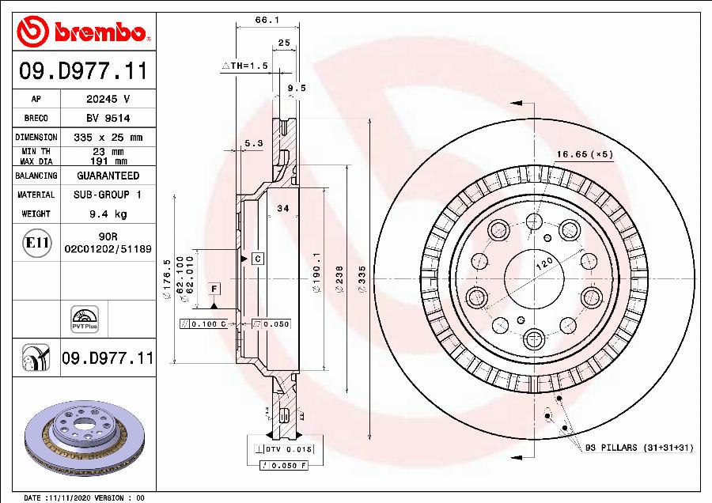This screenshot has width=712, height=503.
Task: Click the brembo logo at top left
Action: (x=83, y=32)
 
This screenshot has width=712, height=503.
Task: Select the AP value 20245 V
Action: (x=108, y=99)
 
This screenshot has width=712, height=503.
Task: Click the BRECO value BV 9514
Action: (x=108, y=118)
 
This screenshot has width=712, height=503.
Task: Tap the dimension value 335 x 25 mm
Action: (x=108, y=137)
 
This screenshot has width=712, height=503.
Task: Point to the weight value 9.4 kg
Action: (x=108, y=214)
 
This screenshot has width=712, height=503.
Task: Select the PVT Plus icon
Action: (x=84, y=317)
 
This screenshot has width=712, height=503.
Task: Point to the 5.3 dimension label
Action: (x=253, y=143)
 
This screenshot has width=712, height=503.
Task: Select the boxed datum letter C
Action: (x=258, y=259)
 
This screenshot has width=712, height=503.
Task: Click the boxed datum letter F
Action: (x=214, y=287)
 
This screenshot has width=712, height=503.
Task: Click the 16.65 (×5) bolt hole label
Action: (x=585, y=154)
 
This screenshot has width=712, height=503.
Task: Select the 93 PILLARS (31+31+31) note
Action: (x=638, y=448)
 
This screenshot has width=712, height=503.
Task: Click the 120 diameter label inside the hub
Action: (x=543, y=266)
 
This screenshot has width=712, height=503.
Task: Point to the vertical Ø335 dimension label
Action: (x=362, y=279)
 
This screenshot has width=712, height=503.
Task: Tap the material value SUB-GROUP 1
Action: (x=108, y=195)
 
